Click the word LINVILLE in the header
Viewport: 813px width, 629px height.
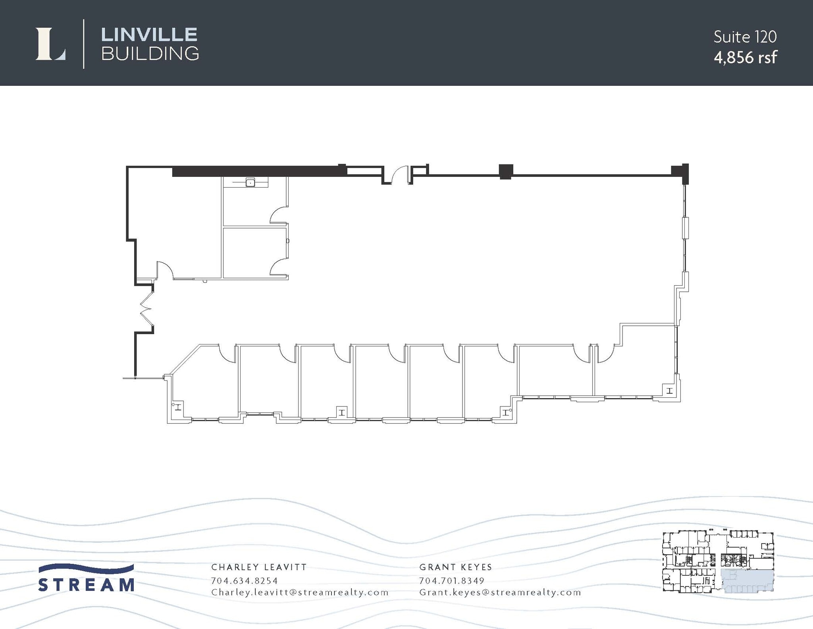[x=149, y=35]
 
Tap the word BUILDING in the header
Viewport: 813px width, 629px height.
[x=150, y=54]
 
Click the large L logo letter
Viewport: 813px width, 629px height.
[x=50, y=44]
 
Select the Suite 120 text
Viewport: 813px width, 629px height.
[x=745, y=37]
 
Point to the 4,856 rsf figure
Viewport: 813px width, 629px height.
[x=745, y=58]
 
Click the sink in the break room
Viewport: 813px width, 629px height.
[x=250, y=182]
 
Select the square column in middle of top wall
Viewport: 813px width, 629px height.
[x=506, y=171]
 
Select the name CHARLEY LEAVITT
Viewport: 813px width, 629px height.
[x=259, y=567]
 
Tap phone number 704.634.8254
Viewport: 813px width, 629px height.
[x=244, y=581]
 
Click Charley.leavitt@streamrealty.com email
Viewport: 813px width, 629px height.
[x=300, y=592]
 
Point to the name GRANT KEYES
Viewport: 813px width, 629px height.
[x=456, y=567]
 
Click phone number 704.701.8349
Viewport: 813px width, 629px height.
[x=452, y=581]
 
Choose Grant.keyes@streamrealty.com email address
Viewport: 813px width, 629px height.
[x=500, y=592]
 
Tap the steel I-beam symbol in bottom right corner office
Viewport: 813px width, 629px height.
[x=669, y=391]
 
